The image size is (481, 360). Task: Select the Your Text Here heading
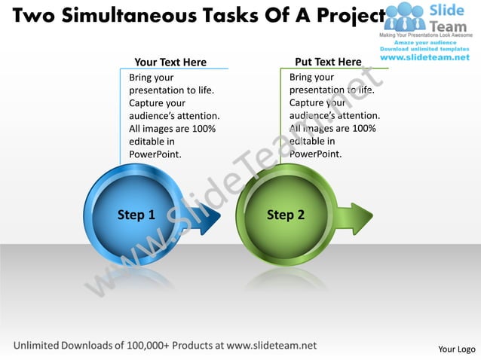point(170,63)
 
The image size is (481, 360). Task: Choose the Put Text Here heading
point(328,62)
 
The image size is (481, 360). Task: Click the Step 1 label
point(136,215)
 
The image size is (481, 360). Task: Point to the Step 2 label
point(286,215)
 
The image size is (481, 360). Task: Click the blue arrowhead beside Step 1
point(210,218)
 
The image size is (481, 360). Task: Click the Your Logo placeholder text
point(456,349)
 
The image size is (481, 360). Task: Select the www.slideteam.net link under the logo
point(425,57)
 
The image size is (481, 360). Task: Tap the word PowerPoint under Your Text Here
point(155,154)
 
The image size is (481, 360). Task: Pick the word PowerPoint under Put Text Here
point(315,154)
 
